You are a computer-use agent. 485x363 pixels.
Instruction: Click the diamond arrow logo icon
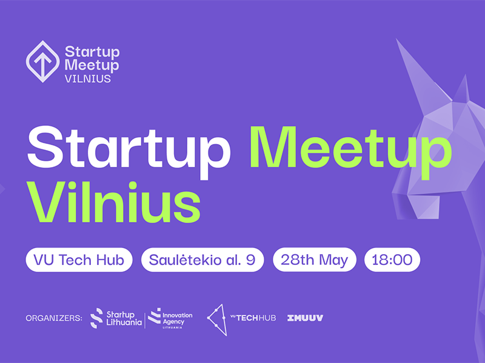pyautogui.click(x=42, y=62)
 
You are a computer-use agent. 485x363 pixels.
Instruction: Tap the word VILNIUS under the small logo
pyautogui.click(x=87, y=79)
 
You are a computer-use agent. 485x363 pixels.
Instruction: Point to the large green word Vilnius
pyautogui.click(x=113, y=202)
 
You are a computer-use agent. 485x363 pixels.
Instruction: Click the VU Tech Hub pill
pyautogui.click(x=79, y=260)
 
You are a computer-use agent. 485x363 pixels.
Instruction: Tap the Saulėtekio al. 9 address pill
pyautogui.click(x=202, y=260)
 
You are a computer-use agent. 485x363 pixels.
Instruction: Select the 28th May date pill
pyautogui.click(x=314, y=260)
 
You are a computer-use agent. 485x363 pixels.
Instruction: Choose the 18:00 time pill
pyautogui.click(x=392, y=260)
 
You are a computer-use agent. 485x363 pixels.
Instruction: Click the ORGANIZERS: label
pyautogui.click(x=54, y=318)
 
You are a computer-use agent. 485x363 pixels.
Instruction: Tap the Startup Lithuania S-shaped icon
pyautogui.click(x=96, y=318)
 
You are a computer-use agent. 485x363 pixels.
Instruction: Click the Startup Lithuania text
pyautogui.click(x=124, y=319)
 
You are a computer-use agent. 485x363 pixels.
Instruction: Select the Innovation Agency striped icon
pyautogui.click(x=155, y=315)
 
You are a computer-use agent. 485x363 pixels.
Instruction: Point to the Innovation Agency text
pyautogui.click(x=177, y=319)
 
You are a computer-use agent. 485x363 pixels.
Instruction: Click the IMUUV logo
pyautogui.click(x=305, y=318)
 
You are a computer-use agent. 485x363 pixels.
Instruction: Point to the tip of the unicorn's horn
pyautogui.click(x=397, y=39)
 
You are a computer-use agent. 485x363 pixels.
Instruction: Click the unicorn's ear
pyautogui.click(x=462, y=90)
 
